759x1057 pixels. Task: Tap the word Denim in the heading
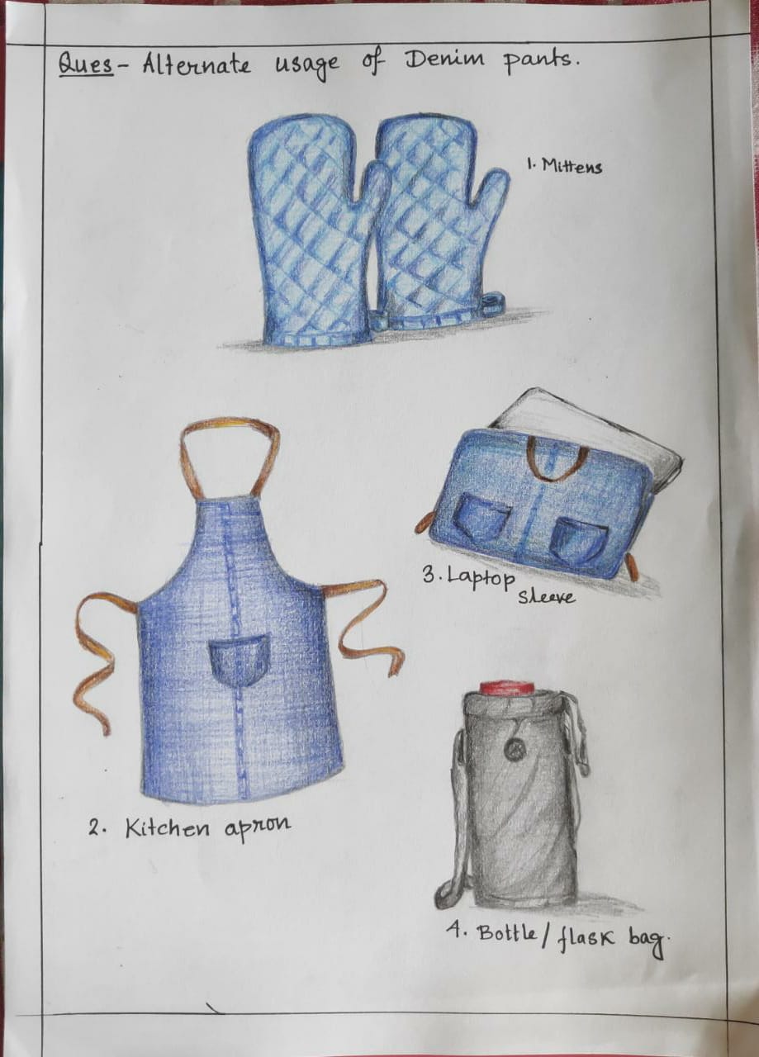445,61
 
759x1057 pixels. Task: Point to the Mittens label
565,165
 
